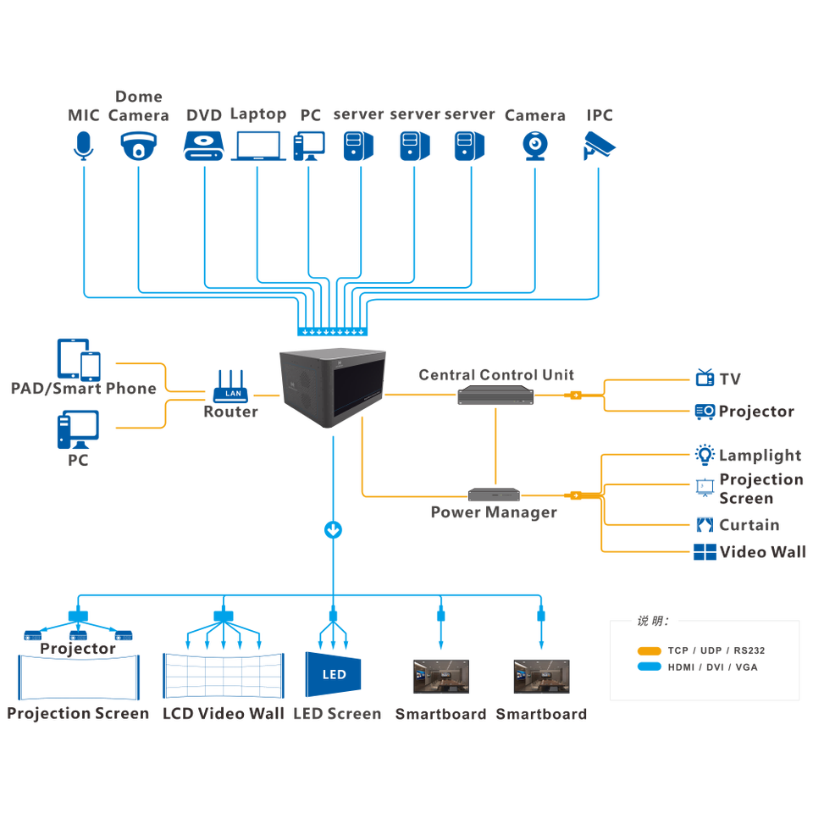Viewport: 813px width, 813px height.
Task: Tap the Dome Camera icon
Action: (139, 145)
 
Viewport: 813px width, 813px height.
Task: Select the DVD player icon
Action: (203, 145)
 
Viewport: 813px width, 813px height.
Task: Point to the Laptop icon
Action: (258, 145)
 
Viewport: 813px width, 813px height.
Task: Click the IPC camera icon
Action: (599, 145)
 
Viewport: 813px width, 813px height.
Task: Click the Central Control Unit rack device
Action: (495, 395)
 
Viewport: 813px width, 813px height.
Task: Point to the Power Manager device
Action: (495, 495)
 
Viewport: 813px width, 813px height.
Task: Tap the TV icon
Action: (705, 377)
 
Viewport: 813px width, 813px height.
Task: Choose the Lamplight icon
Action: (705, 454)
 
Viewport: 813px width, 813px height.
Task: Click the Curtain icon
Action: (705, 524)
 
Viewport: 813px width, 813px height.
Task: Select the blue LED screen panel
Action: (334, 675)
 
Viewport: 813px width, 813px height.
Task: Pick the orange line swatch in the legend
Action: (650, 651)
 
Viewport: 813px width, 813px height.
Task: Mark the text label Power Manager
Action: (493, 512)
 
